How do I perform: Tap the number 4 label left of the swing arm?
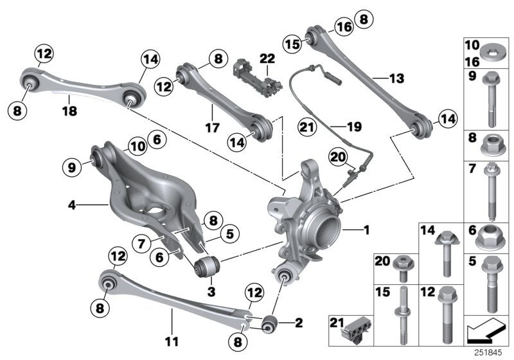[x=72, y=206]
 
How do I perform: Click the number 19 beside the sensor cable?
[x=351, y=127]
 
